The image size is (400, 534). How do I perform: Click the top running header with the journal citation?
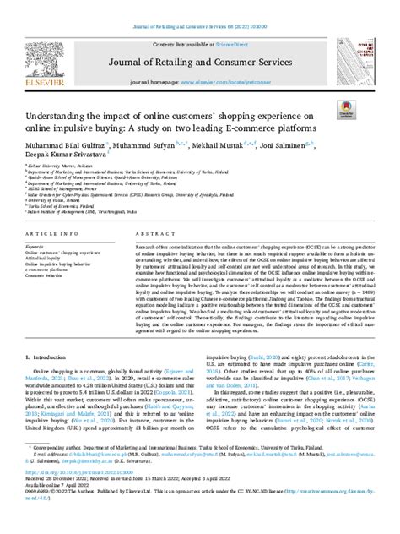tap(200, 7)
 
